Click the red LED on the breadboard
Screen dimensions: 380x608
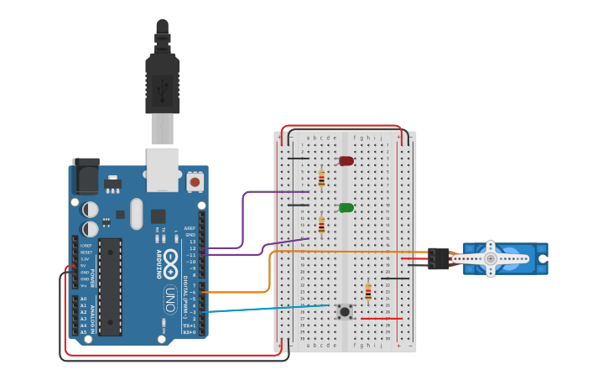(x=346, y=160)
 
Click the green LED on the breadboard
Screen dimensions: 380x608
(x=346, y=207)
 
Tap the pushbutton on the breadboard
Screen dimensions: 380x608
(x=345, y=312)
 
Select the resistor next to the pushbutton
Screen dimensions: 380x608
(x=368, y=292)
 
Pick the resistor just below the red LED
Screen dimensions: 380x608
(x=321, y=179)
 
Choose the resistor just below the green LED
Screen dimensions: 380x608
(x=321, y=226)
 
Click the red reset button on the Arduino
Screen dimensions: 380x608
(x=195, y=181)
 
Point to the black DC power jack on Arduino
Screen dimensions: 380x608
(x=86, y=177)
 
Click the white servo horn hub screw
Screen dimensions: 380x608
(x=491, y=259)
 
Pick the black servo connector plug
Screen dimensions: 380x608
(x=437, y=259)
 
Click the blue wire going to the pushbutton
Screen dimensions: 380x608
(x=268, y=308)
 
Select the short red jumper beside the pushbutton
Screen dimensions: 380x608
(x=382, y=319)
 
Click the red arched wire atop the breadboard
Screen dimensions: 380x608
(x=344, y=127)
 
